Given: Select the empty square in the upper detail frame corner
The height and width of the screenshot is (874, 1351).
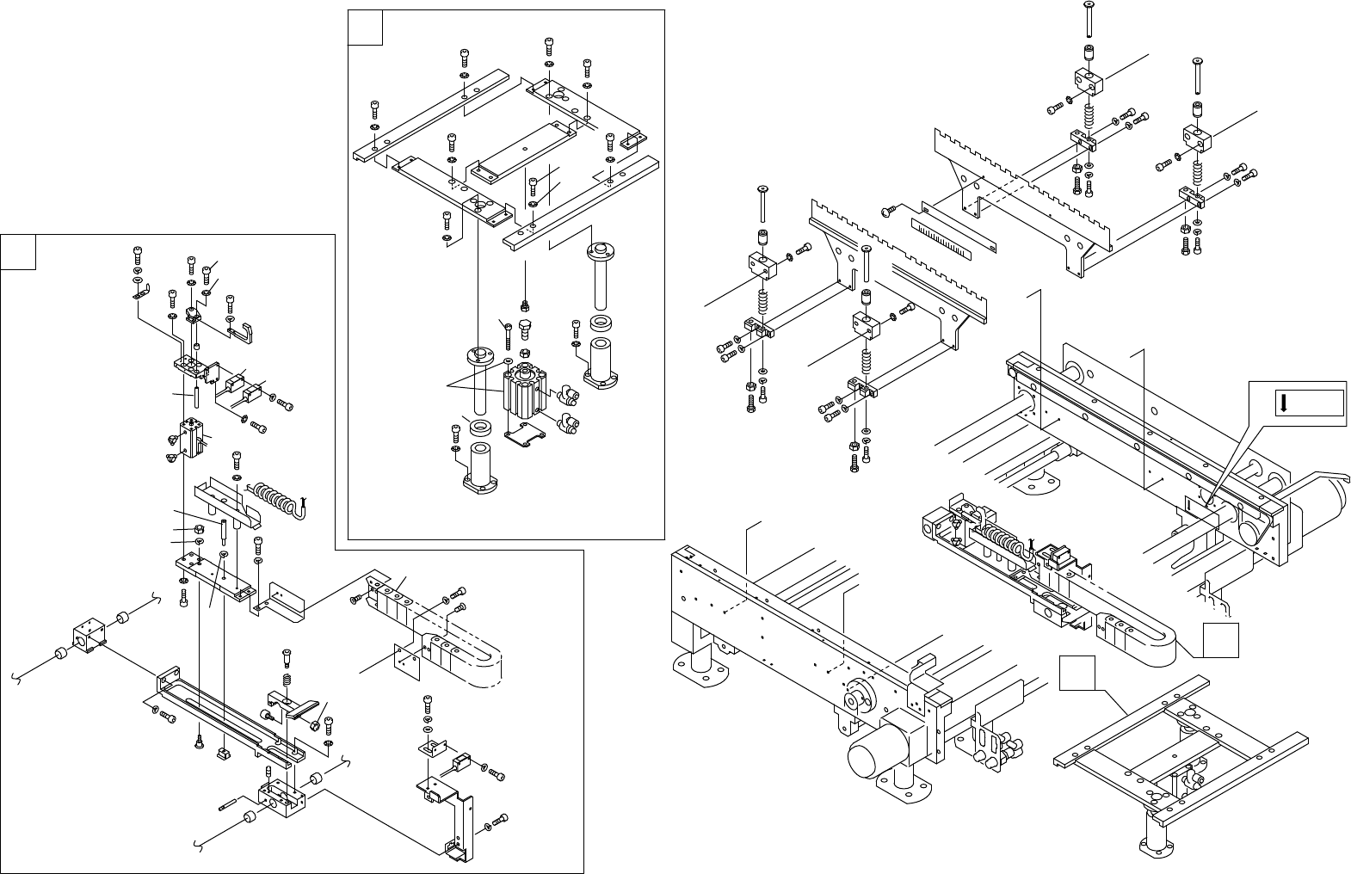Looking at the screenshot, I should pyautogui.click(x=365, y=28).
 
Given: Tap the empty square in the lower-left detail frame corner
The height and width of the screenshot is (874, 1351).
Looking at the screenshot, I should pyautogui.click(x=18, y=251).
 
